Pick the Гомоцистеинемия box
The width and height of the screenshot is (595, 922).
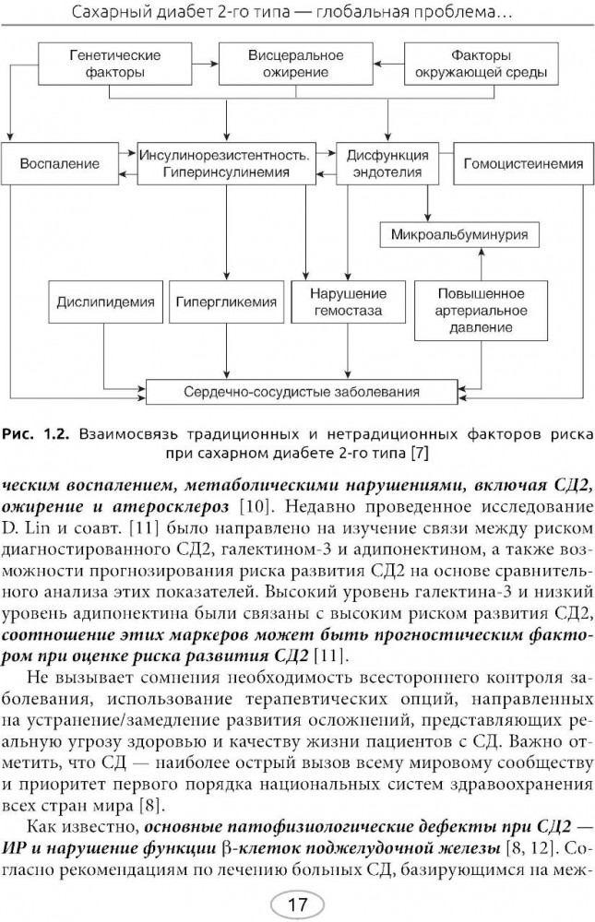pyautogui.click(x=522, y=164)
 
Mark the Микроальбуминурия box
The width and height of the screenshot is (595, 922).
pyautogui.click(x=459, y=234)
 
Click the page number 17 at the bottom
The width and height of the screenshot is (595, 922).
pyautogui.click(x=297, y=904)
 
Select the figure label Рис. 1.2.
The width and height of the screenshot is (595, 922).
pyautogui.click(x=35, y=432)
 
